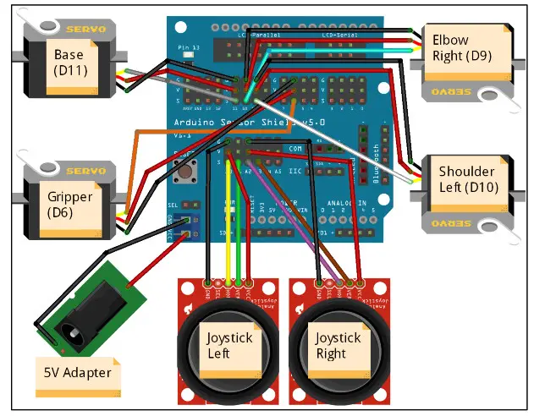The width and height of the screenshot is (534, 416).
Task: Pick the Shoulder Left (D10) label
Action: click(468, 179)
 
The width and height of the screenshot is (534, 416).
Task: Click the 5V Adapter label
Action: click(76, 372)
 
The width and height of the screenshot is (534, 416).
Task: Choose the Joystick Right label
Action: click(338, 345)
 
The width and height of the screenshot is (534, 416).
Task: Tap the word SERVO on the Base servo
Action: click(87, 29)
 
